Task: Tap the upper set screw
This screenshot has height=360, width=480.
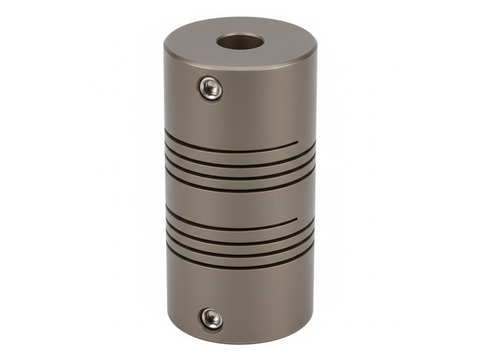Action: coord(211,88)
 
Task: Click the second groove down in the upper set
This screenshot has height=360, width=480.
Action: coord(240,163)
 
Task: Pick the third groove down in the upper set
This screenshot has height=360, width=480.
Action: coord(240,177)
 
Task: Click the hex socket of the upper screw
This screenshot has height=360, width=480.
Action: coord(211,88)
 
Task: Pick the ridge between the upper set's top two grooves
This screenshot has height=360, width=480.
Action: coord(240,157)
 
